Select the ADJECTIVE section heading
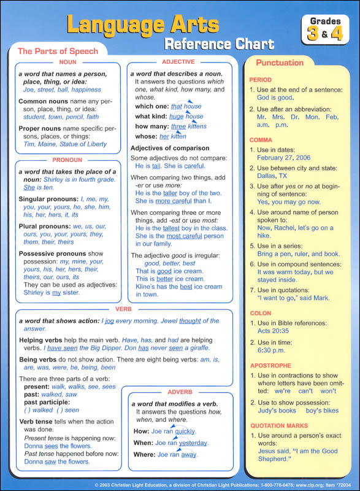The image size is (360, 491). pos(178,62)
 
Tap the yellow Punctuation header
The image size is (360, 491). pos(280,63)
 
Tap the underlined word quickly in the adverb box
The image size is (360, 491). pos(185,431)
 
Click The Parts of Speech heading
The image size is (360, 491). pos(58,51)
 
